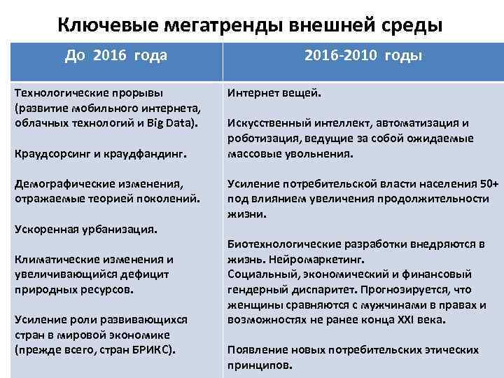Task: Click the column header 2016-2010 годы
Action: click(x=362, y=55)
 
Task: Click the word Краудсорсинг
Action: click(x=55, y=151)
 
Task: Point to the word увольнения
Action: click(x=325, y=153)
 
